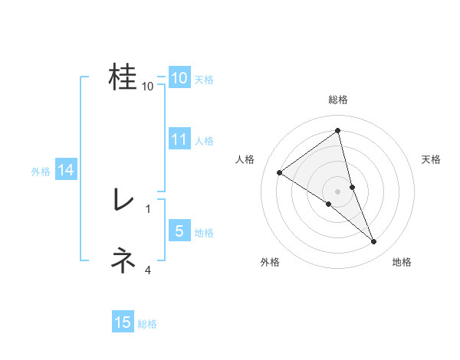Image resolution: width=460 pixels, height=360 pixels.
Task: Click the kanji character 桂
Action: (x=123, y=77)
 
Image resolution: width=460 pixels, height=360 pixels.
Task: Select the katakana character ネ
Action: (x=123, y=261)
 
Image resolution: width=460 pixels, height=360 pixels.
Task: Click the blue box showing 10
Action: (x=179, y=78)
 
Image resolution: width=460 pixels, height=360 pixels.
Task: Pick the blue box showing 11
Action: (x=179, y=139)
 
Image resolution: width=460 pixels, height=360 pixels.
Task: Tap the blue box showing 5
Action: (x=179, y=231)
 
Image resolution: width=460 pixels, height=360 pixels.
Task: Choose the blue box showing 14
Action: (x=66, y=170)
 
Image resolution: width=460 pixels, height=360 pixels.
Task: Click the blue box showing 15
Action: (x=123, y=322)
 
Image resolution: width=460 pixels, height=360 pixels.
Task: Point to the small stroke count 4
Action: (x=148, y=270)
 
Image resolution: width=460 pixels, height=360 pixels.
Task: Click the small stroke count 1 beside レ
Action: (x=148, y=208)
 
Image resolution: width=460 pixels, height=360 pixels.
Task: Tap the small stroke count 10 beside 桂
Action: (x=148, y=86)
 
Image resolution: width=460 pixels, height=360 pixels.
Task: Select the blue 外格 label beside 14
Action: (x=41, y=172)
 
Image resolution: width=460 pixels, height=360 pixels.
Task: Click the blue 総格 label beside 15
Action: (x=147, y=324)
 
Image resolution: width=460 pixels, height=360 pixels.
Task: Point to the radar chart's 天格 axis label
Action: (x=431, y=159)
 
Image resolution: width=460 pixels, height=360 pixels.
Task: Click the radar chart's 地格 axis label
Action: (x=402, y=262)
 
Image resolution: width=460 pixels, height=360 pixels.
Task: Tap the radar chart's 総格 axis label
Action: (x=337, y=100)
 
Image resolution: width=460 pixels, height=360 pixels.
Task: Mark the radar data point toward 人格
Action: (x=279, y=172)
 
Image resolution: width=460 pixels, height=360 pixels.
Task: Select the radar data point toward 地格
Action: (x=374, y=242)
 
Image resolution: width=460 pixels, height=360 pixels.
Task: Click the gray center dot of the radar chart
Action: (x=337, y=191)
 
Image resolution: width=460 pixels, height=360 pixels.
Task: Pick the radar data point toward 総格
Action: (x=337, y=131)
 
